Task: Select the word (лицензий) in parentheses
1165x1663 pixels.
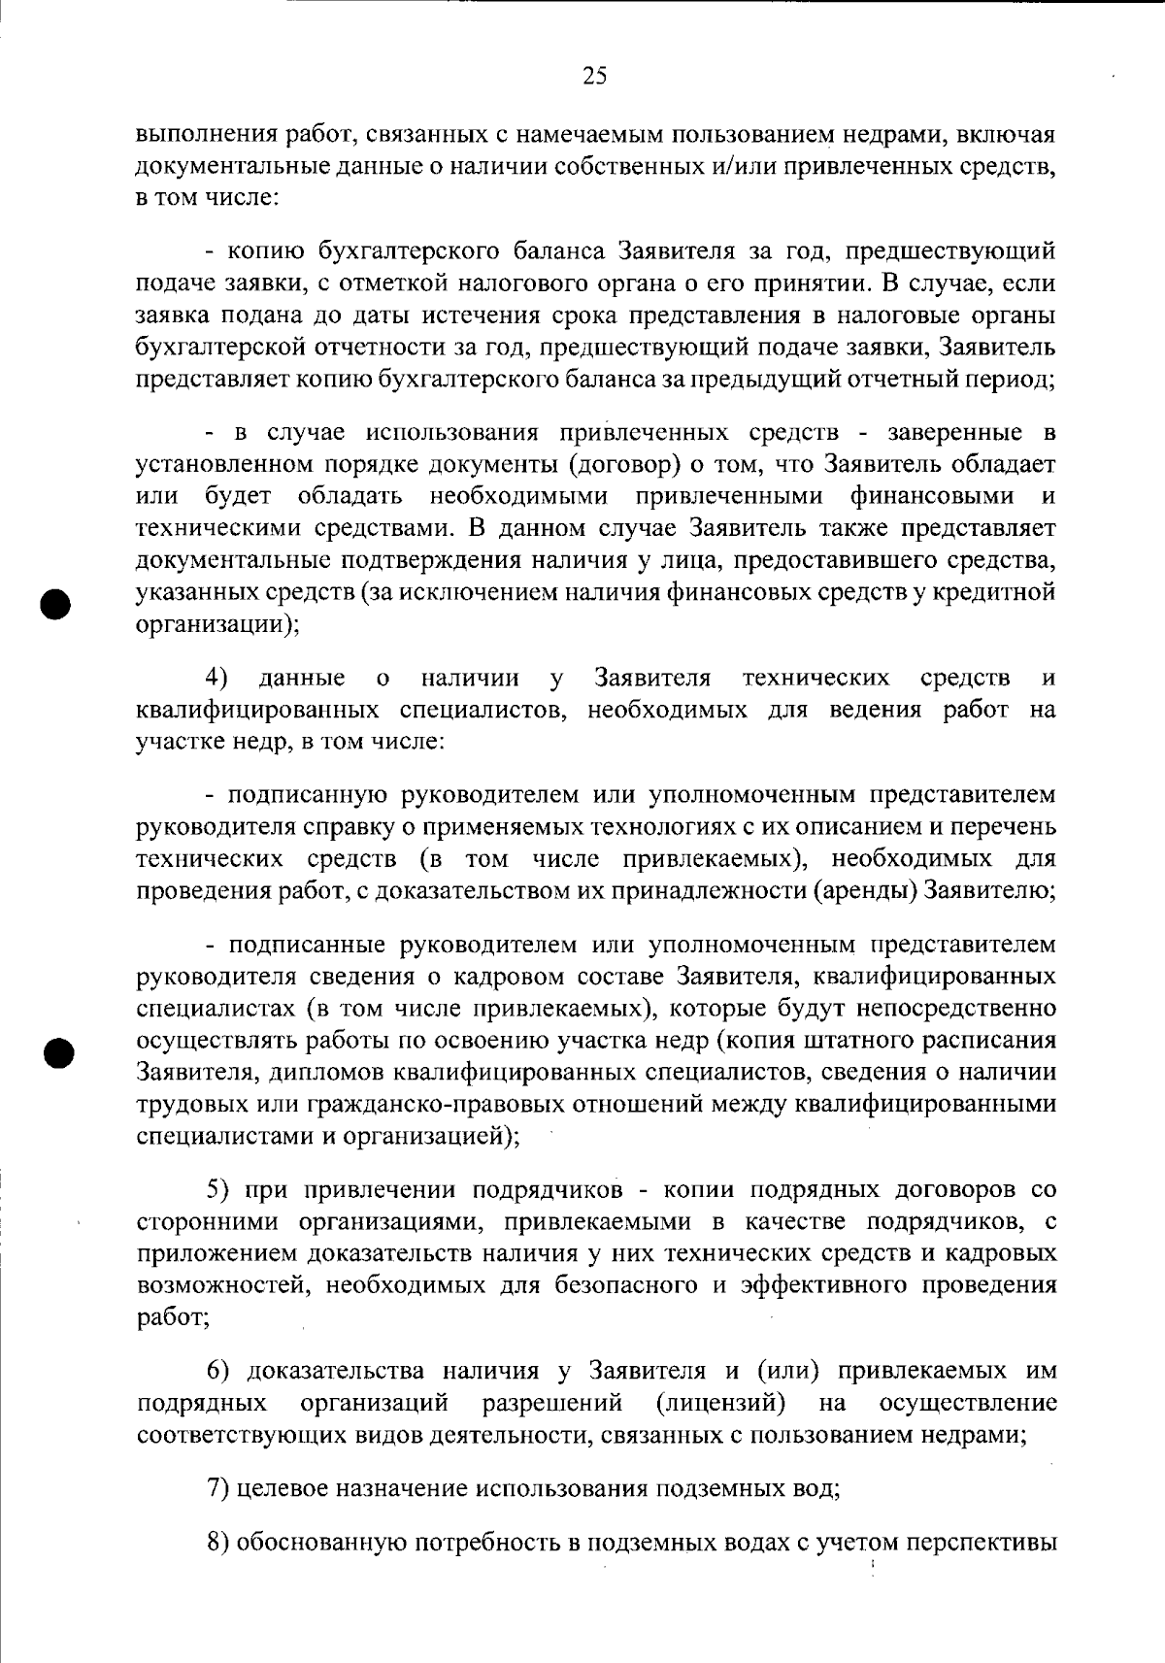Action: point(720,1403)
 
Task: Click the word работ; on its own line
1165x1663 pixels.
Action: point(174,1317)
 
